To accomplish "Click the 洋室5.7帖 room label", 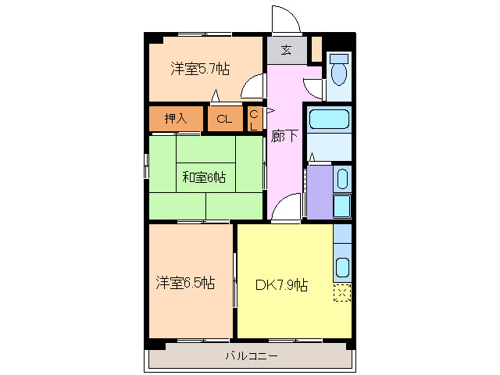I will click(200, 69).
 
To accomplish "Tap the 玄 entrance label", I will click(286, 51).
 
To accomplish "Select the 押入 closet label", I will click(176, 119).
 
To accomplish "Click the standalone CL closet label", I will click(224, 120).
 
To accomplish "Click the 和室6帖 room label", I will click(204, 177).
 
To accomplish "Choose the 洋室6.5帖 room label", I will click(184, 282).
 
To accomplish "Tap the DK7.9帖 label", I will click(281, 284).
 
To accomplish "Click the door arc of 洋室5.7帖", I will click(252, 88).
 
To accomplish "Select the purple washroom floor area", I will click(319, 191).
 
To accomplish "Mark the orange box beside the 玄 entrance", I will click(316, 48).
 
